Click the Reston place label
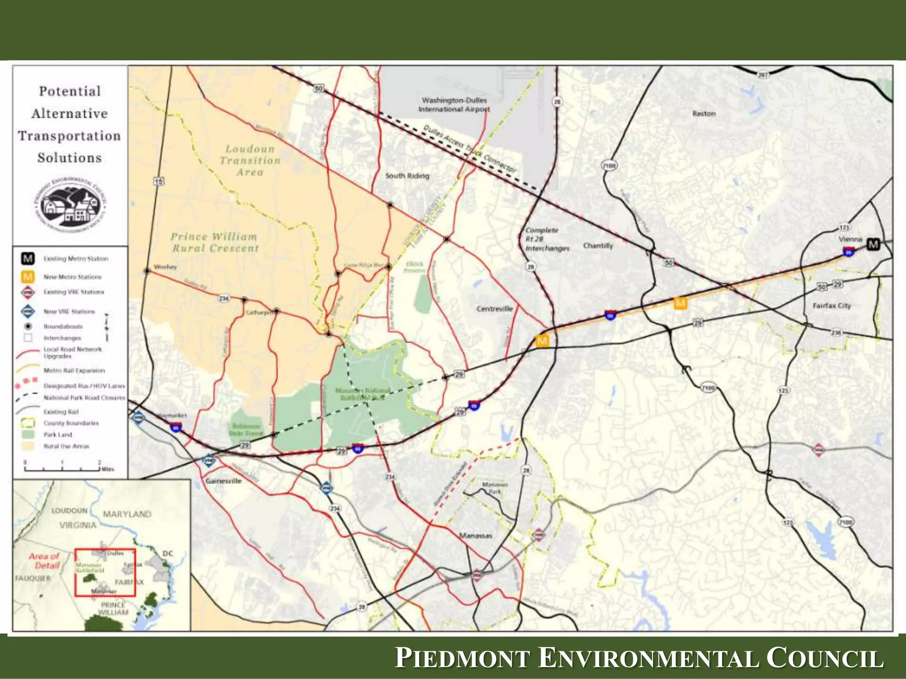(704, 114)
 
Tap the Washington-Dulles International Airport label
(454, 105)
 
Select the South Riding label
(407, 175)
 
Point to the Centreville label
(494, 309)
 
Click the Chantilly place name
(598, 246)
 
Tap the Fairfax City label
(832, 305)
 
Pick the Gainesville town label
(224, 481)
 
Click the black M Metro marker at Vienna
(873, 244)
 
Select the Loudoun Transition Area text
(250, 160)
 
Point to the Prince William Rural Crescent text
(215, 242)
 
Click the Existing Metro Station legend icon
(28, 259)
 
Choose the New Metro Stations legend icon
(28, 277)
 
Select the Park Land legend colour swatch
(28, 434)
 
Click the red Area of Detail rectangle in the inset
(105, 572)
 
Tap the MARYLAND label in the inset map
(127, 514)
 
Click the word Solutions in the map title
(69, 158)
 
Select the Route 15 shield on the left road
(158, 181)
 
